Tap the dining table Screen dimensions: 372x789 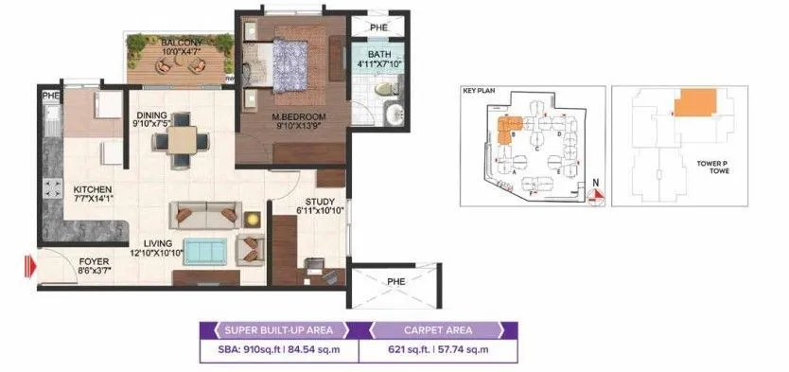pyautogui.click(x=178, y=139)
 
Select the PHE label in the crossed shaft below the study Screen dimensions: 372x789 pyautogui.click(x=394, y=282)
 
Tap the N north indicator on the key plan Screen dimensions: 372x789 pyautogui.click(x=594, y=183)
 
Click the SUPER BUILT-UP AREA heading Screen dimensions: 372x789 pyautogui.click(x=271, y=330)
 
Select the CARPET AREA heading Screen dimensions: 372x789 pyautogui.click(x=436, y=330)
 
